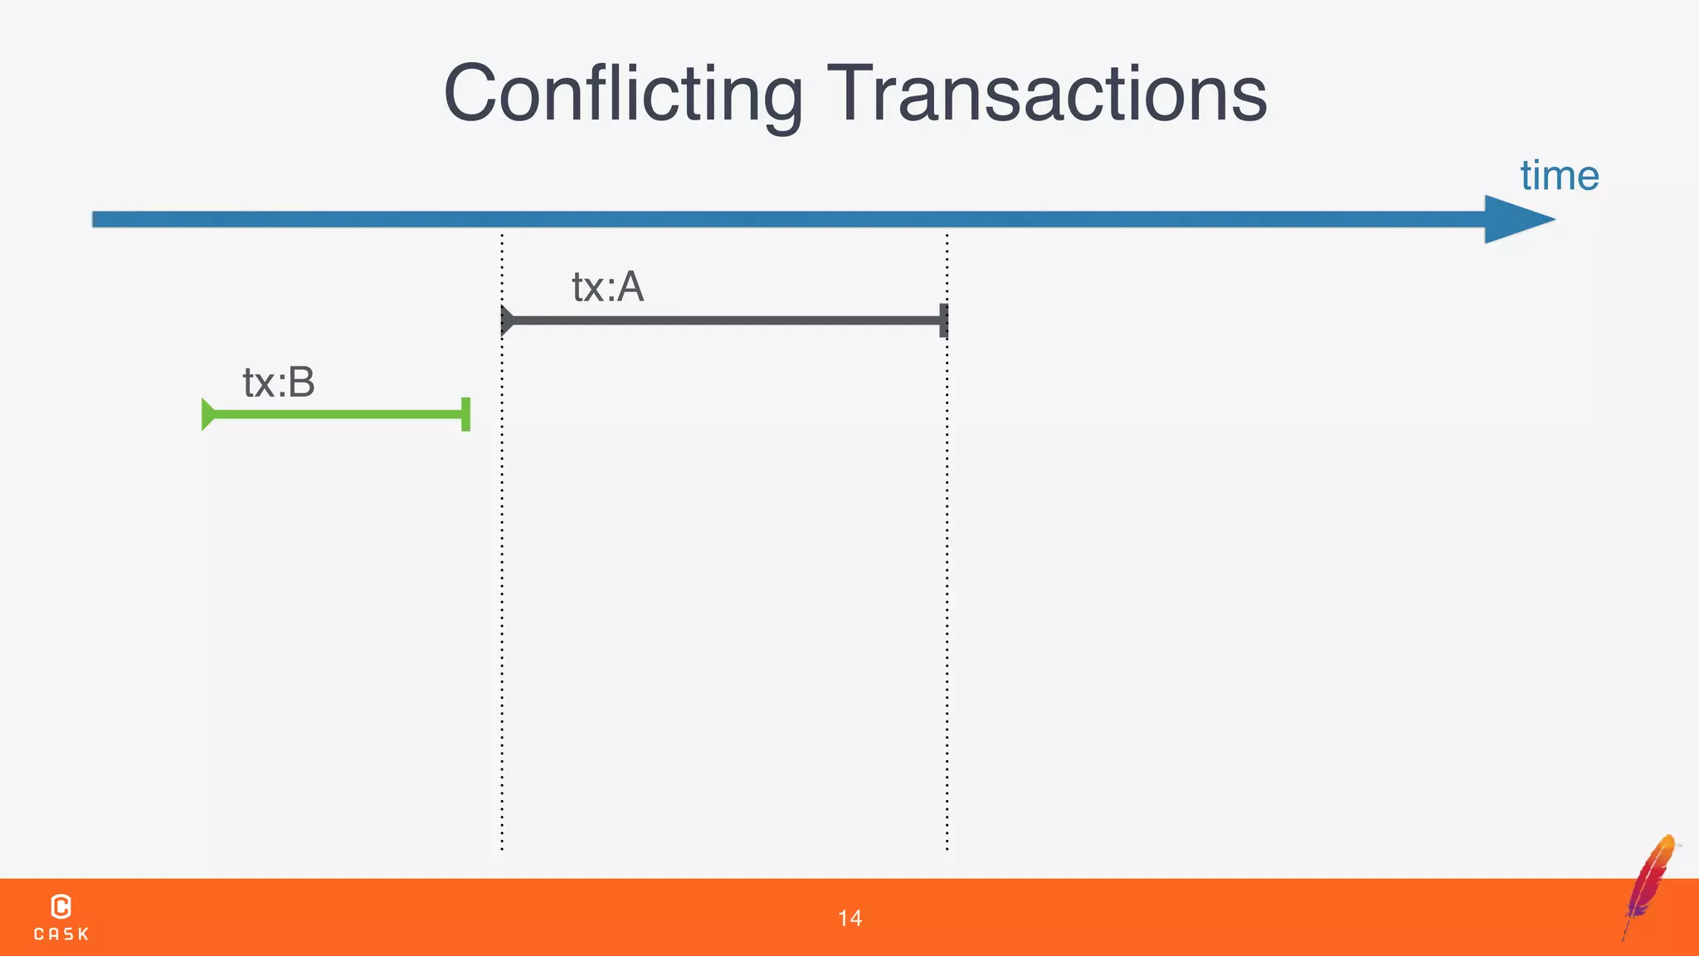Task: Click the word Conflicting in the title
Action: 623,93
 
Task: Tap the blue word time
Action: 1559,176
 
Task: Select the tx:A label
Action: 607,287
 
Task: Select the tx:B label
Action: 279,383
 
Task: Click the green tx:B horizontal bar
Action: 336,414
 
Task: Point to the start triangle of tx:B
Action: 207,414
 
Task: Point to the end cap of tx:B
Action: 465,414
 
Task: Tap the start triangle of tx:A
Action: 507,320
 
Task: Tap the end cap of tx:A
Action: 943,320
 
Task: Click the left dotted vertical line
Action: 502,581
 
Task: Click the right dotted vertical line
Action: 947,581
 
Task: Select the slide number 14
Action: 849,918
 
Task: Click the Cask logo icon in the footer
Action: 61,906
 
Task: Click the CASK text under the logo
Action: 61,934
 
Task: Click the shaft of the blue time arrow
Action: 747,219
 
